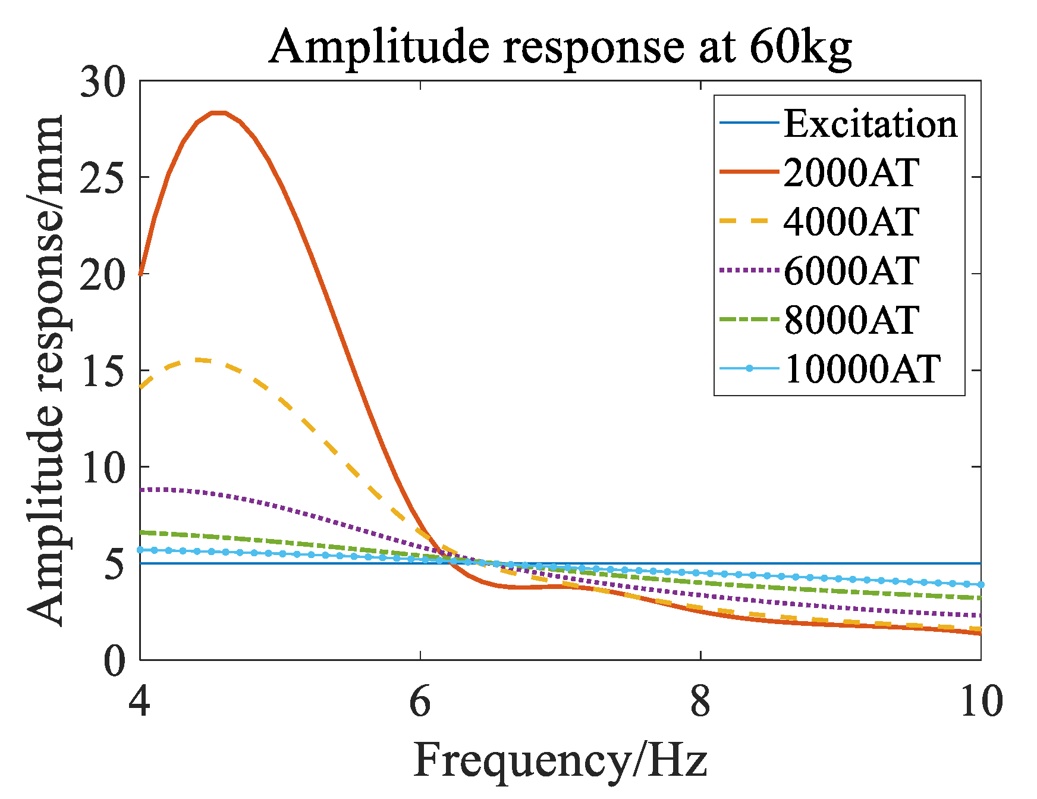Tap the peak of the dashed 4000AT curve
(x=199, y=360)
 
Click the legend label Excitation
(x=870, y=124)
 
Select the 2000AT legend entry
(x=851, y=173)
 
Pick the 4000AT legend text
(x=851, y=222)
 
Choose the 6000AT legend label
(x=851, y=271)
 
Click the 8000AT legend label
(x=851, y=320)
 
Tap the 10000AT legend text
(x=862, y=369)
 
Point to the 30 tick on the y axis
(x=103, y=82)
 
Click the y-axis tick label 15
(x=103, y=371)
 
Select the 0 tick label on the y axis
(x=115, y=660)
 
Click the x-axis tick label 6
(x=420, y=702)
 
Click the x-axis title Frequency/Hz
(x=560, y=760)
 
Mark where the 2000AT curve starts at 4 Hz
(x=140, y=274)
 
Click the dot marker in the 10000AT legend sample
(x=749, y=369)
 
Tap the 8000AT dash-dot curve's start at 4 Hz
(x=141, y=532)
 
